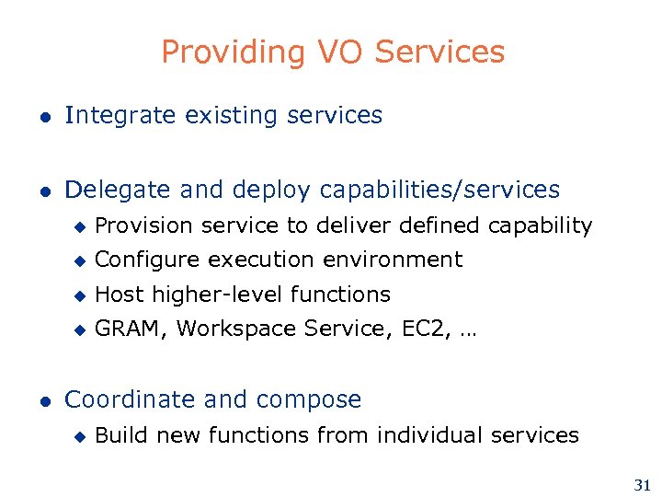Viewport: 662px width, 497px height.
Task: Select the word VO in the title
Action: point(334,52)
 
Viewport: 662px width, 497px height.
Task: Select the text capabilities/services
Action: point(439,191)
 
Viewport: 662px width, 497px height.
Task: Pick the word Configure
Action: point(148,260)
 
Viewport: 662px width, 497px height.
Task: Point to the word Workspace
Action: point(228,329)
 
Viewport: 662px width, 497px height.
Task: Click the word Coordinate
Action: point(131,400)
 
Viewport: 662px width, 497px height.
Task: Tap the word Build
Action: point(121,434)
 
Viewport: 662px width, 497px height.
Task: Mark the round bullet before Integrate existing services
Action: point(42,117)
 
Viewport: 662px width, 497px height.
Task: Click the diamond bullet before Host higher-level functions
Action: point(79,295)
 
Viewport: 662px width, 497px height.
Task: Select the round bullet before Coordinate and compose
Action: point(42,401)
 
